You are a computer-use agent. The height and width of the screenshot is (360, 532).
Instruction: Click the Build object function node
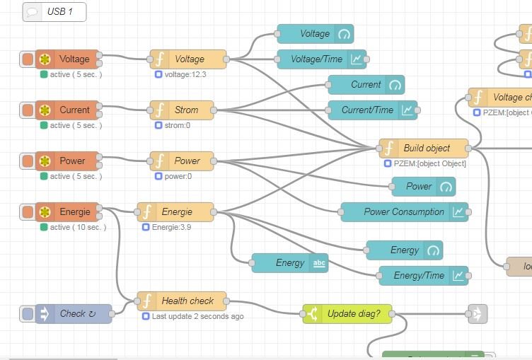point(424,148)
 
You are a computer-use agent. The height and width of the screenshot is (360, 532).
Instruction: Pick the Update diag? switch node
point(347,313)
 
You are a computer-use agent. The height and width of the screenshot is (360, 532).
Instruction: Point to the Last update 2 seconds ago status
point(197,316)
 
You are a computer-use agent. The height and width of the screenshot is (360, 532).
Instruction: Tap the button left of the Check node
point(28,313)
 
